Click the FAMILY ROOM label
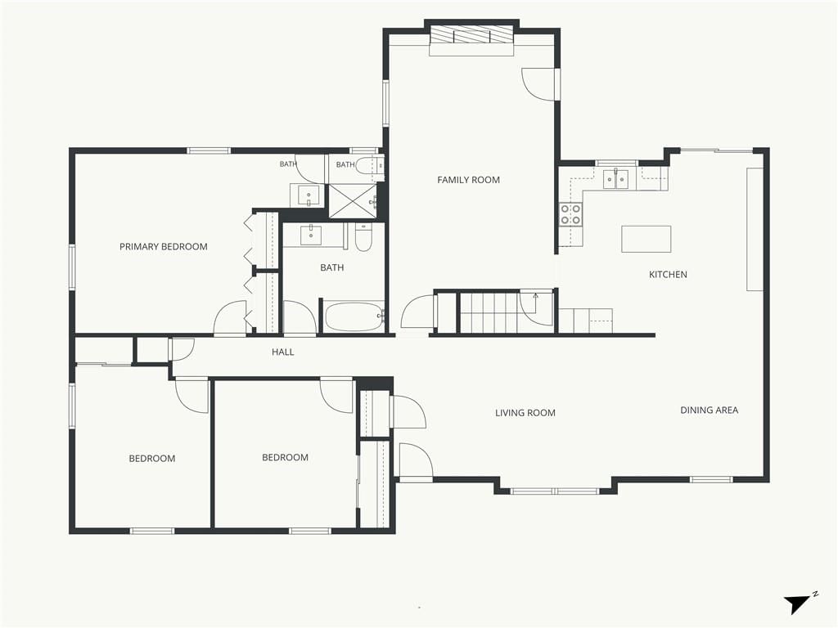point(468,180)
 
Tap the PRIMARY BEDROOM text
point(164,247)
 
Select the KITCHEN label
point(668,275)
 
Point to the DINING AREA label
point(710,410)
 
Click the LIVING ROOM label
point(525,413)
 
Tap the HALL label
point(282,352)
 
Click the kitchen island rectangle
point(647,239)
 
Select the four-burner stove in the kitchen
point(570,215)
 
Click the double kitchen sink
point(617,179)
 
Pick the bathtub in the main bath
point(354,317)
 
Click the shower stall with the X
point(352,201)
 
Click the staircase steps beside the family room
point(489,312)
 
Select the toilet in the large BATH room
point(363,237)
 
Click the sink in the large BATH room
point(310,235)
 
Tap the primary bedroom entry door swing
point(230,319)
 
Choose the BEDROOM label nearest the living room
point(285,458)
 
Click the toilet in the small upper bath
point(367,165)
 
